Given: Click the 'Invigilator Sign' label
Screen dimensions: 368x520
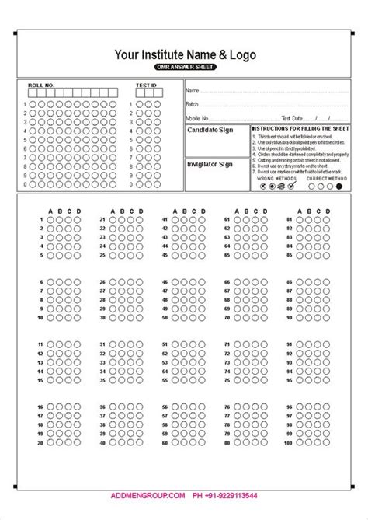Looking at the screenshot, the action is (210, 165).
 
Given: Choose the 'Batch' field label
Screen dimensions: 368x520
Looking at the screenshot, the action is (193, 103).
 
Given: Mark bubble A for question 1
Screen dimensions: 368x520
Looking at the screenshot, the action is (51, 221).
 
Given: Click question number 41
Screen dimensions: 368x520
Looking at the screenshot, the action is (165, 221).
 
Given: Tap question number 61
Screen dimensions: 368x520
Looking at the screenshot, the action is (227, 221).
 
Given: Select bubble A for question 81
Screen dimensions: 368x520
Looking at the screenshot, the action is (300, 221).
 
